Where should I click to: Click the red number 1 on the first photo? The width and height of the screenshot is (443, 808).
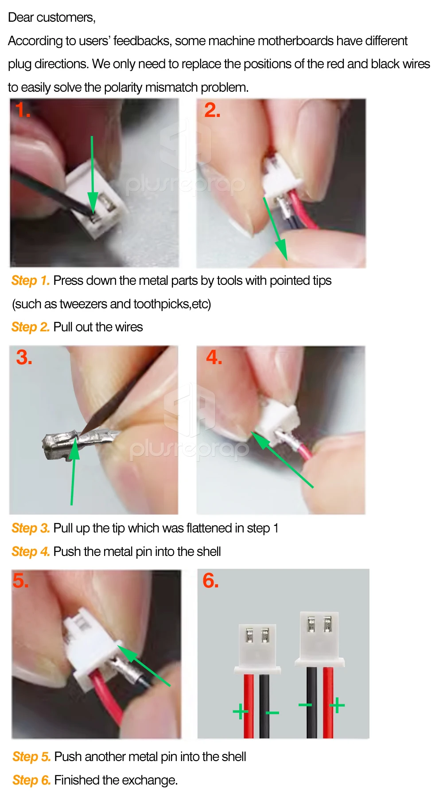(22, 110)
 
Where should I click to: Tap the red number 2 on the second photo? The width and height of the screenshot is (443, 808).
(212, 110)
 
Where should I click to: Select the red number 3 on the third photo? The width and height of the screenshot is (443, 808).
(24, 357)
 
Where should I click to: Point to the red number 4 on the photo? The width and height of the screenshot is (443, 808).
(214, 357)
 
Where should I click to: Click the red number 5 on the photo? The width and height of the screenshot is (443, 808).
(21, 581)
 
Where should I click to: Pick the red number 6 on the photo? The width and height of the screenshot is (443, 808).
(210, 581)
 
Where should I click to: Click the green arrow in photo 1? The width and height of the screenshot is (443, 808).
(92, 175)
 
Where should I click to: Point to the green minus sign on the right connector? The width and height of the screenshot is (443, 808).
(305, 705)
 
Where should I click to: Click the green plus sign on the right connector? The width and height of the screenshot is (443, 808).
(337, 705)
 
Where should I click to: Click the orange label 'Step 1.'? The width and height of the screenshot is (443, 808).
(31, 280)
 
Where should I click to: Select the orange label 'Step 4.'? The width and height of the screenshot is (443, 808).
(31, 552)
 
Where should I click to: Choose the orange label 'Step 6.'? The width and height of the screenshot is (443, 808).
(31, 780)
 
